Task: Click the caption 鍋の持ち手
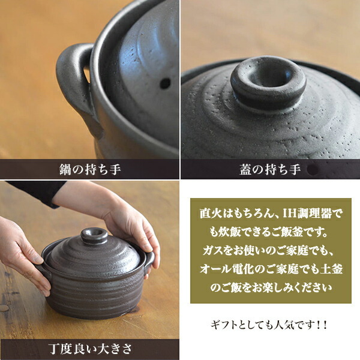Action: pos(90,169)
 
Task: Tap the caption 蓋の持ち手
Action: pos(270,169)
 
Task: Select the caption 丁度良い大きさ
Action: pos(89,349)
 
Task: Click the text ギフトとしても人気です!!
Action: pos(270,325)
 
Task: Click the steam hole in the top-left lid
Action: pos(164,83)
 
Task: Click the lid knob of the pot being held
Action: pos(94,235)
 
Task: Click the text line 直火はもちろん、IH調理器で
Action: pos(269,213)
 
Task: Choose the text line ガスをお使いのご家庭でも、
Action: pos(269,250)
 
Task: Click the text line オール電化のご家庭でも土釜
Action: pos(270,268)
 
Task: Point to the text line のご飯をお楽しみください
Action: pos(270,287)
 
